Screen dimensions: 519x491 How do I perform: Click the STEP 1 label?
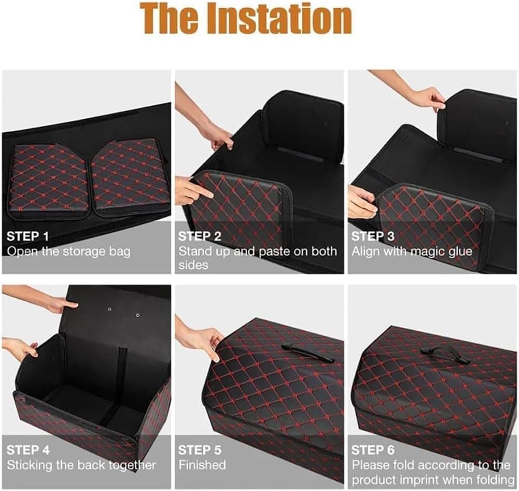point(27,236)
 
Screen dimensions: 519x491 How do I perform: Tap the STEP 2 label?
point(200,236)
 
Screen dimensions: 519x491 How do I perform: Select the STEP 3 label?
point(373,236)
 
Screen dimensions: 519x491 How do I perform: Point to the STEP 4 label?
point(28,450)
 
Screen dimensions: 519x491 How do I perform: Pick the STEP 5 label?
point(200,450)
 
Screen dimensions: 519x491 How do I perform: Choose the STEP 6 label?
point(373,450)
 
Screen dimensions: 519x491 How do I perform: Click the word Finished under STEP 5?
point(202,465)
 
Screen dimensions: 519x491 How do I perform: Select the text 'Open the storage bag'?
point(68,251)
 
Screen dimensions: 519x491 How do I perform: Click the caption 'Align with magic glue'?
point(412,251)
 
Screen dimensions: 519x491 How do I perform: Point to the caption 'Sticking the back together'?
point(81,465)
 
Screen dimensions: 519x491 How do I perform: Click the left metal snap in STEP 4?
point(110,310)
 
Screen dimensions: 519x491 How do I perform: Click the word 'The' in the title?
point(172,19)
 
